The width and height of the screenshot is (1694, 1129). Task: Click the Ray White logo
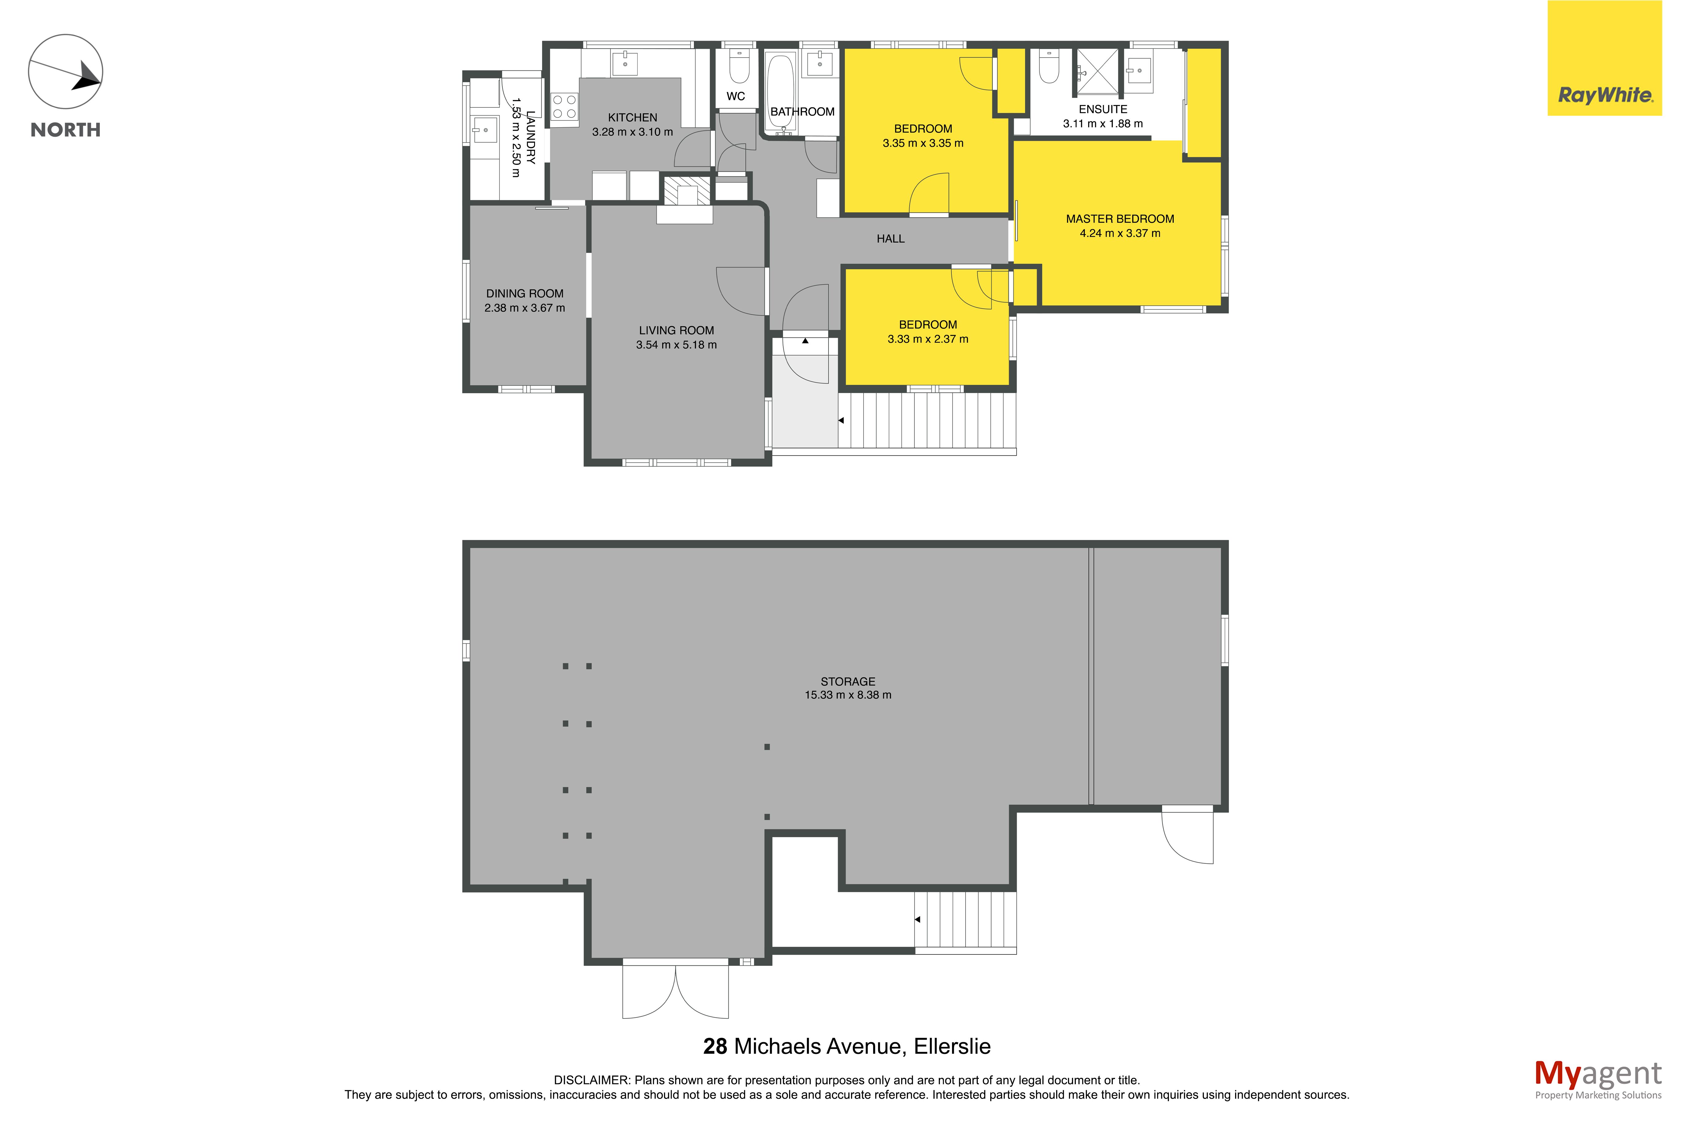[1604, 58]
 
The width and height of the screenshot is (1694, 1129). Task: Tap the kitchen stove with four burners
[564, 107]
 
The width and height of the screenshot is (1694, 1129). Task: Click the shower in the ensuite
[1097, 71]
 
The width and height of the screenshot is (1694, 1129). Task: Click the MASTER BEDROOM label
[1120, 219]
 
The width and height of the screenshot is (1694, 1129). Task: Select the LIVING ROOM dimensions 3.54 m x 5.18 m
[676, 345]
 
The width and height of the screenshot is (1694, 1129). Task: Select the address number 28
[715, 1046]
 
